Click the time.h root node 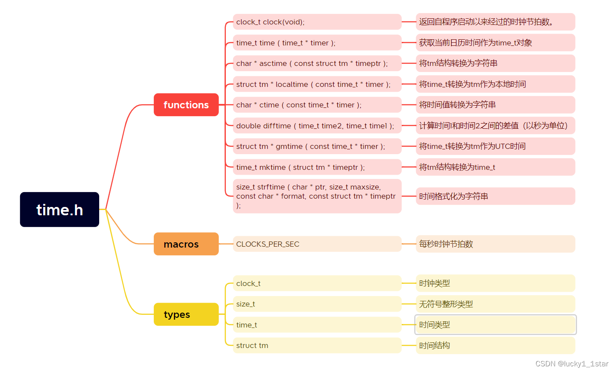pyautogui.click(x=59, y=210)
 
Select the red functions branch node pyautogui.click(x=186, y=105)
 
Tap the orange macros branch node pyautogui.click(x=186, y=244)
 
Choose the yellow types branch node pyautogui.click(x=186, y=314)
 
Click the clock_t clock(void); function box pyautogui.click(x=317, y=22)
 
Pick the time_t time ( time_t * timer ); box pyautogui.click(x=317, y=43)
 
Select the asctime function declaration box pyautogui.click(x=317, y=63)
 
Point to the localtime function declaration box pyautogui.click(x=317, y=84)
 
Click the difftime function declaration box pyautogui.click(x=317, y=126)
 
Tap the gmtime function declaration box pyautogui.click(x=317, y=146)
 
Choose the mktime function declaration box pyautogui.click(x=317, y=167)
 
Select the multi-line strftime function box pyautogui.click(x=317, y=196)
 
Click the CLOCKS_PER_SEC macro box pyautogui.click(x=317, y=244)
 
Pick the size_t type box pyautogui.click(x=317, y=304)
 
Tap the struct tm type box pyautogui.click(x=317, y=345)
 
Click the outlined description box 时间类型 pyautogui.click(x=495, y=325)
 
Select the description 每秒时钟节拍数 pyautogui.click(x=495, y=244)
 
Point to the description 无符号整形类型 pyautogui.click(x=495, y=304)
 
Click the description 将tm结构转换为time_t pyautogui.click(x=495, y=167)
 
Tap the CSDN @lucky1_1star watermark pyautogui.click(x=572, y=364)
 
